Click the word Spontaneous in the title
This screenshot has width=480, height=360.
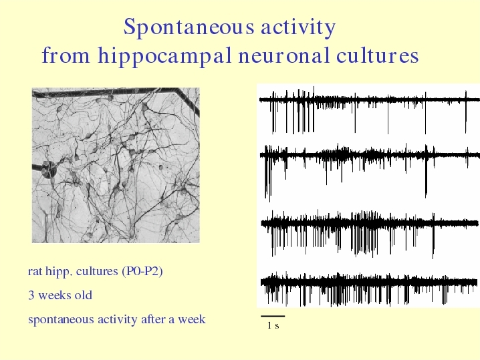pos(189,27)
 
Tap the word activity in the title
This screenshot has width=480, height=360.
pos(298,27)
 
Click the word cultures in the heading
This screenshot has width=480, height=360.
pos(377,55)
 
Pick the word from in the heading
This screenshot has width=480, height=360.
pos(66,55)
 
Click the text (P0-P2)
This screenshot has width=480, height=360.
pos(142,271)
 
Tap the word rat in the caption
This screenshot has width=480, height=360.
pos(35,271)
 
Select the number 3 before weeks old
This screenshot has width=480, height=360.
pos(31,295)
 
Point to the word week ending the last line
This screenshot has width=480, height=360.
pos(192,319)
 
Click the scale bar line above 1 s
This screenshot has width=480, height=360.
pos(273,316)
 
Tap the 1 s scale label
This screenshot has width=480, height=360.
pos(273,325)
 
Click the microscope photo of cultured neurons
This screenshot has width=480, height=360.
pos(116,166)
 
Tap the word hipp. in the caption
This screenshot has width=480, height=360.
pos(59,271)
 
